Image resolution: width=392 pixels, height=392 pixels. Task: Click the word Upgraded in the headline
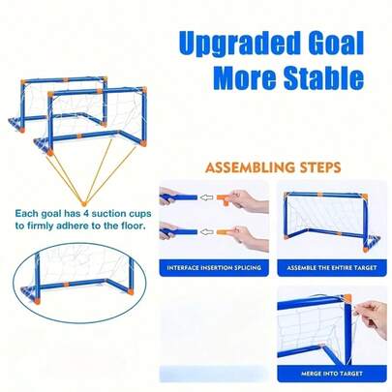click(239, 44)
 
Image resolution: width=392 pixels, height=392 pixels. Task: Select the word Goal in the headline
click(337, 42)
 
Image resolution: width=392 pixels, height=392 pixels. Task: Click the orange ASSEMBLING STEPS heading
click(273, 167)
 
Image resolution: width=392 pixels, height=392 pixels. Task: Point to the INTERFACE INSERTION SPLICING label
click(214, 267)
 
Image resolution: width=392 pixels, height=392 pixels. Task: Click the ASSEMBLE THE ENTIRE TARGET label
click(332, 267)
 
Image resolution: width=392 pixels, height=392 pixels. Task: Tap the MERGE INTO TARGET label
click(332, 374)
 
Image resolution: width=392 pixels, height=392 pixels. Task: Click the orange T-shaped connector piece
click(225, 199)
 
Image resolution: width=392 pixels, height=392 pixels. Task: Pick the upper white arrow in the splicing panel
click(207, 196)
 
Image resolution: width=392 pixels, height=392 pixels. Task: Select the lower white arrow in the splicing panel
click(207, 231)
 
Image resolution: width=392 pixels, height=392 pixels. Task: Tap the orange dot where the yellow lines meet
click(84, 203)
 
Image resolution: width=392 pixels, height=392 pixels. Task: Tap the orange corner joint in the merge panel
click(347, 298)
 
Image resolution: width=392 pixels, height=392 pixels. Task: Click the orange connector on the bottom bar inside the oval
click(67, 285)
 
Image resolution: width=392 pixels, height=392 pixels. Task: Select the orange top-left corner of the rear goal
click(23, 82)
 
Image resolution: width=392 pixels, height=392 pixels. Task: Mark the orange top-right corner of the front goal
click(144, 89)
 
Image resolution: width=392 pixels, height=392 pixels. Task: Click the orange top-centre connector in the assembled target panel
click(320, 195)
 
